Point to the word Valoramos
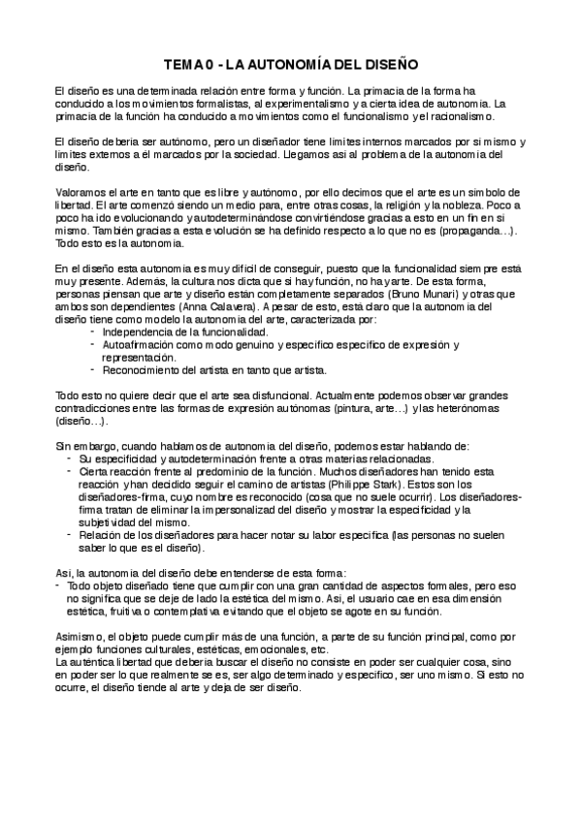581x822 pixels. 81,193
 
